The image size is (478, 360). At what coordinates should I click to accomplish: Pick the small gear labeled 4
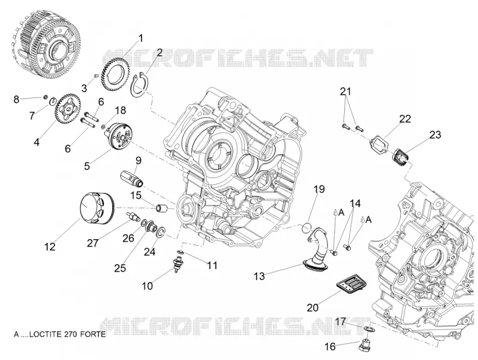pos(68,109)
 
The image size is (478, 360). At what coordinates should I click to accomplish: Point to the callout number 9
pos(139,160)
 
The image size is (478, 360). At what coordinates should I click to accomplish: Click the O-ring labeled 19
pos(307,227)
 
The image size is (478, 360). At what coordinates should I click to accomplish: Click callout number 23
pos(436,135)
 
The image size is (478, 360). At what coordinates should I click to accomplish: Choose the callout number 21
pos(345,91)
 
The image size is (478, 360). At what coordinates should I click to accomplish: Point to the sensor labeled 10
pos(176,265)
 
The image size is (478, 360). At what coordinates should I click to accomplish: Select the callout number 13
pos(259,276)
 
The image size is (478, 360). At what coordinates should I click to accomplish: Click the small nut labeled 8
pos(45,97)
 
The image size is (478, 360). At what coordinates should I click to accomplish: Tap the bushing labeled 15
pos(161,208)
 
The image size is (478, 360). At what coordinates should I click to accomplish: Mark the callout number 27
pos(93,243)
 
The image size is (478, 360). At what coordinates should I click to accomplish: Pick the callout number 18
pos(121,110)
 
